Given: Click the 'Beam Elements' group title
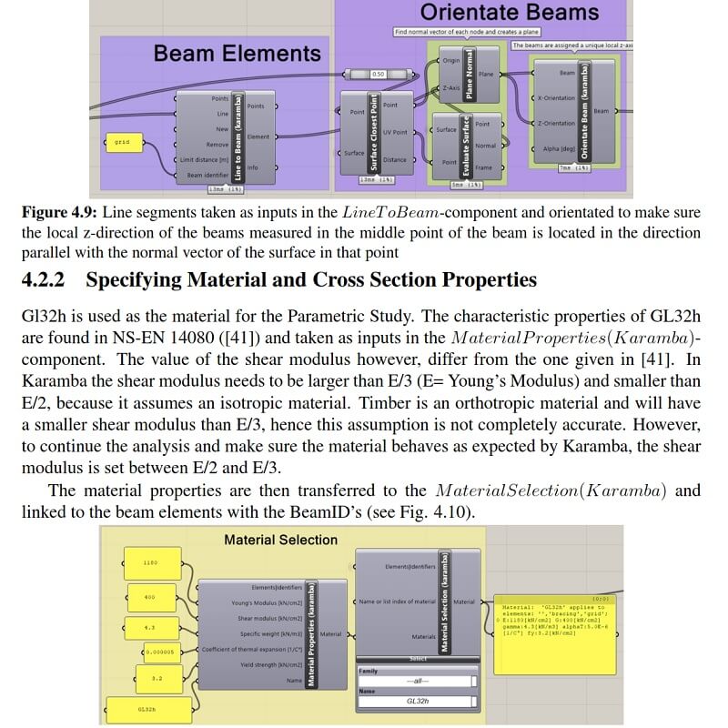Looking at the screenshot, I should coord(237,54).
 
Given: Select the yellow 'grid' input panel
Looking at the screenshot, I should coord(122,142).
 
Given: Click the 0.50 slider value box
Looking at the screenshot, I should coord(379,74).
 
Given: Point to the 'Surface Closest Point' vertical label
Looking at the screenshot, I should coord(372,131).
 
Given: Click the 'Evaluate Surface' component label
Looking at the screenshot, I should coord(466,145).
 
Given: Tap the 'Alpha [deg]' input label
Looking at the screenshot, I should coord(556,148).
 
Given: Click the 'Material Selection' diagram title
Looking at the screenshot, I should coord(280,540).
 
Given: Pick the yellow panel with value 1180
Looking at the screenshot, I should coord(150,562).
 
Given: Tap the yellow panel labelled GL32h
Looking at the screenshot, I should coord(147,708).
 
